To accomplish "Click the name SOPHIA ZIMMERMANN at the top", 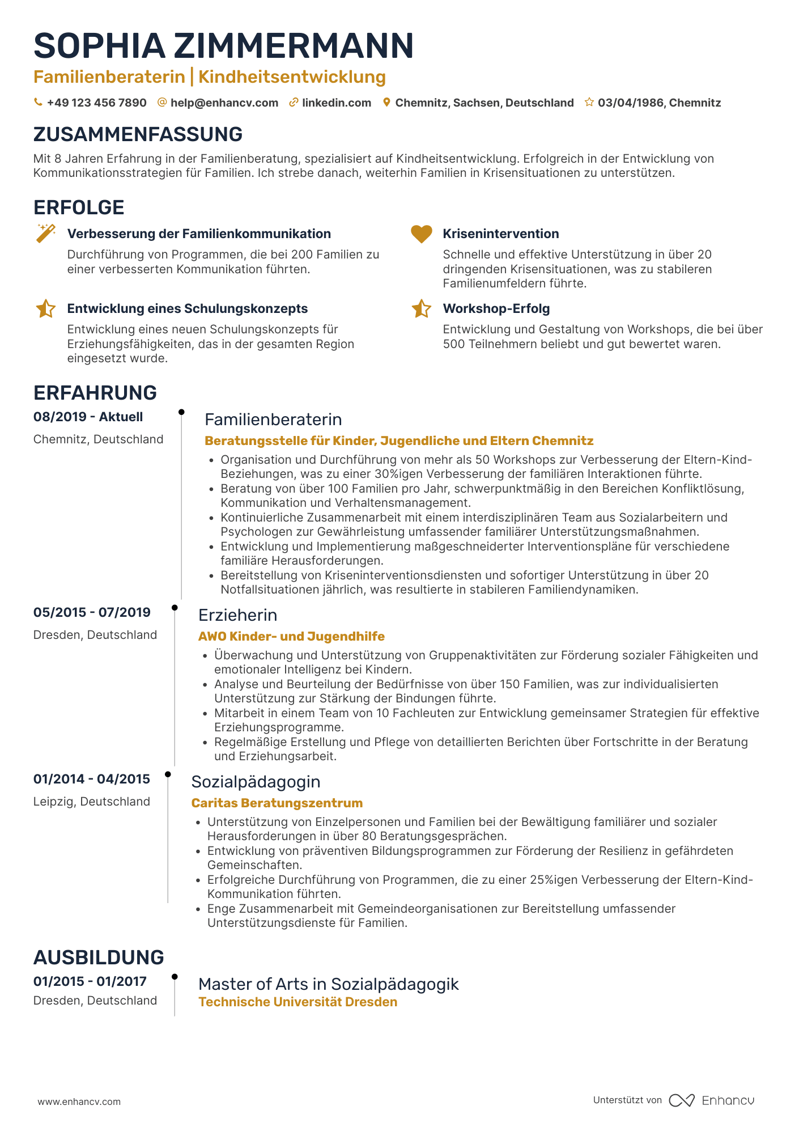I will pos(223,46).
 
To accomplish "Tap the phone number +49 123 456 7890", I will pos(96,103).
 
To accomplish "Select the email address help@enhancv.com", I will pos(224,103).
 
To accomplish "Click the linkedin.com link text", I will pos(336,103).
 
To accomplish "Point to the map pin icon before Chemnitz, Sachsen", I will pos(386,103).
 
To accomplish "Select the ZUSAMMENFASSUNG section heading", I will pos(138,134).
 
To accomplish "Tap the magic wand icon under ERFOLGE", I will pos(46,233).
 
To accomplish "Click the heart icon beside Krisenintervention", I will pos(421,234).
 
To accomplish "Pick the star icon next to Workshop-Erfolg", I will pos(421,309).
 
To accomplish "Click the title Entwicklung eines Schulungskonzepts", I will pos(187,308).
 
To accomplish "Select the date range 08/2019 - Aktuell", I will pos(88,417).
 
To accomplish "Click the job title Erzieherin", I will pos(237,615).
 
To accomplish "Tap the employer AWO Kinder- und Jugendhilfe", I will pos(291,636).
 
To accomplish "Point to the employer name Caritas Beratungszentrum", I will pos(277,803).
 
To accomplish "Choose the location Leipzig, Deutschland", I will pos(91,802).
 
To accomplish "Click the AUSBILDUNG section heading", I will pos(99,958).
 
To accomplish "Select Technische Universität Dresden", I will pos(297,1002).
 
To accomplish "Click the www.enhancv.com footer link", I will pos(79,1102).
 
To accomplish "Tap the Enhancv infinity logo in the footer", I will pos(681,1100).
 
